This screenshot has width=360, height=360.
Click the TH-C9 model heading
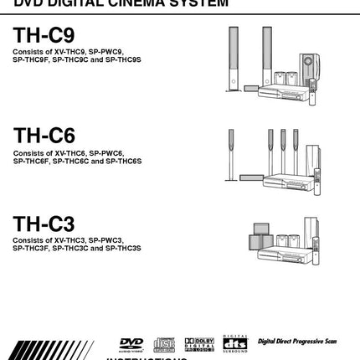(44, 37)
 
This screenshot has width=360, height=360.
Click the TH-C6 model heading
(44, 135)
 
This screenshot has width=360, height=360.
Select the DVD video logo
(131, 343)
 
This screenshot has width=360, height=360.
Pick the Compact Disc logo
(164, 344)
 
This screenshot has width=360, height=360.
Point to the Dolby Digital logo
(199, 343)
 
